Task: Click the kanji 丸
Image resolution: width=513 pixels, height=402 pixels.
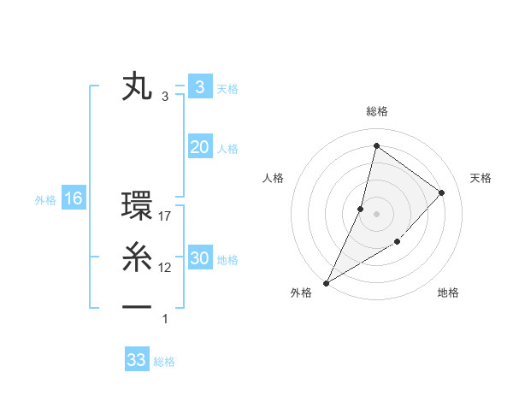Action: [x=138, y=87]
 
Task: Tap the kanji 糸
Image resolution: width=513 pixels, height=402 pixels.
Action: [x=138, y=257]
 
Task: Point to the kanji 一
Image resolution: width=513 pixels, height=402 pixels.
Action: [x=138, y=305]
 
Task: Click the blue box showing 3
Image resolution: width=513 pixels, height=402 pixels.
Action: [x=199, y=86]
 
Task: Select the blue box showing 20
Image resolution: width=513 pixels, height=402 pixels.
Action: [x=199, y=147]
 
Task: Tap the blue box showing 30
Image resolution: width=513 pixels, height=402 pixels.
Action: [x=199, y=258]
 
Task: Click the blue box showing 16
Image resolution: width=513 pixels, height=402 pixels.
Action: [x=73, y=199]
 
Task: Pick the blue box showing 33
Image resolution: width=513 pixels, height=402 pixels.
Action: [x=137, y=359]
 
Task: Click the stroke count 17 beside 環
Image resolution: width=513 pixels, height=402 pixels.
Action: [x=166, y=217]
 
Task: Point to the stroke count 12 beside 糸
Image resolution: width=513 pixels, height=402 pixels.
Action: [x=166, y=268]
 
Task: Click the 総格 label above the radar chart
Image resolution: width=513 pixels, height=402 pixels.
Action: [x=377, y=111]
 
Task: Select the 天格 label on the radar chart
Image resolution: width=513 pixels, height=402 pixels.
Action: [x=481, y=178]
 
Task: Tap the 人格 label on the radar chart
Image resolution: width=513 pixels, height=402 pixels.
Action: [x=273, y=178]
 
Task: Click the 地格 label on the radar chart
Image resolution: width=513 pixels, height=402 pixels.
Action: [x=448, y=293]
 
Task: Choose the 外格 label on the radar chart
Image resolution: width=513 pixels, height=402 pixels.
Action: [x=301, y=293]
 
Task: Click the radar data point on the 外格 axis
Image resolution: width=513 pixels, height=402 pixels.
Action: [x=326, y=283]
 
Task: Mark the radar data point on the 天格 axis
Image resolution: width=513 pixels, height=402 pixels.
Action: [x=442, y=192]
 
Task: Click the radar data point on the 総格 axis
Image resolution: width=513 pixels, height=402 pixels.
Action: [x=376, y=145]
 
